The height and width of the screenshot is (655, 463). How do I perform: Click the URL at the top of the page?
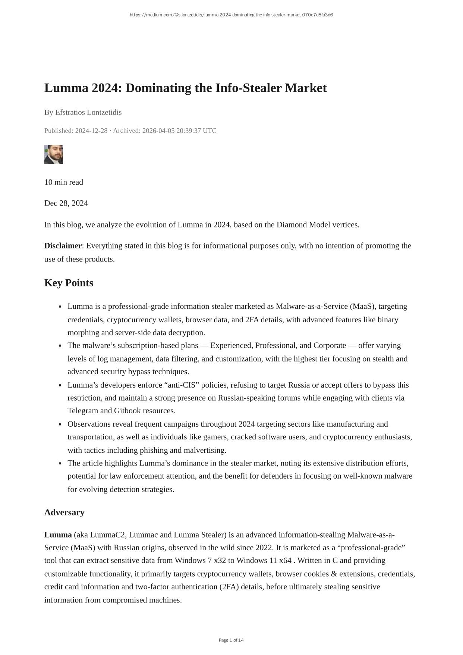tap(231, 15)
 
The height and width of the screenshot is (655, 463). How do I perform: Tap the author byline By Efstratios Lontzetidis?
tap(83, 112)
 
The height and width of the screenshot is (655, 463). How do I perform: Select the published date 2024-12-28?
tap(91, 131)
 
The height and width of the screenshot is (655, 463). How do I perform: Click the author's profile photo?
tap(54, 154)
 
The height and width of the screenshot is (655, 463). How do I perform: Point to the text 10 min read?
tap(64, 182)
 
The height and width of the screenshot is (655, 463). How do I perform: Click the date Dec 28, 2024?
tap(66, 203)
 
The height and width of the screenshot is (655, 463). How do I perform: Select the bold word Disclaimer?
tap(63, 246)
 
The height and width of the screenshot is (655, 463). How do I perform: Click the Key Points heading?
tap(69, 283)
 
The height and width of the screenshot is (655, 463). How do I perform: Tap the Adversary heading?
tap(64, 513)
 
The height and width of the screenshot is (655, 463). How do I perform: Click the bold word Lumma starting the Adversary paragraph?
tap(58, 535)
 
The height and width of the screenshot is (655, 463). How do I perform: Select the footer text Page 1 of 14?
tap(231, 640)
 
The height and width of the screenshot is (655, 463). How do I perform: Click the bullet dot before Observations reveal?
tap(60, 424)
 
